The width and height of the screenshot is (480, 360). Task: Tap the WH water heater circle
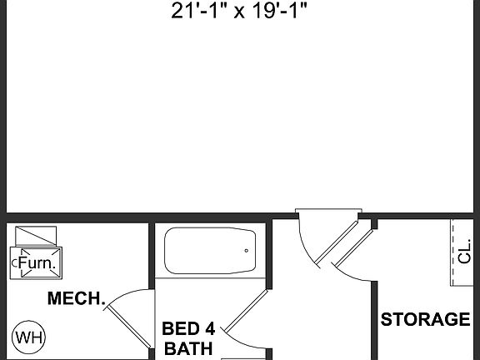pyautogui.click(x=29, y=337)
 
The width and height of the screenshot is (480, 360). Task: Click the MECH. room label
pyautogui.click(x=75, y=298)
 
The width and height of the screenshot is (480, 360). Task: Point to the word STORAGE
pyautogui.click(x=425, y=319)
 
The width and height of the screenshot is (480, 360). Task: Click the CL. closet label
pyautogui.click(x=464, y=253)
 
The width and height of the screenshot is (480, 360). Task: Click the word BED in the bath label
pyautogui.click(x=179, y=329)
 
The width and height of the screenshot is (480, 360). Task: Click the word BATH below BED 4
pyautogui.click(x=188, y=348)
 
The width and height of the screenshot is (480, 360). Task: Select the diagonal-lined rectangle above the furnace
pyautogui.click(x=37, y=234)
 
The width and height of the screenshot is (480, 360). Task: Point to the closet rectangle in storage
pyautogui.click(x=464, y=252)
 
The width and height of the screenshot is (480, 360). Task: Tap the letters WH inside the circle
pyautogui.click(x=29, y=337)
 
